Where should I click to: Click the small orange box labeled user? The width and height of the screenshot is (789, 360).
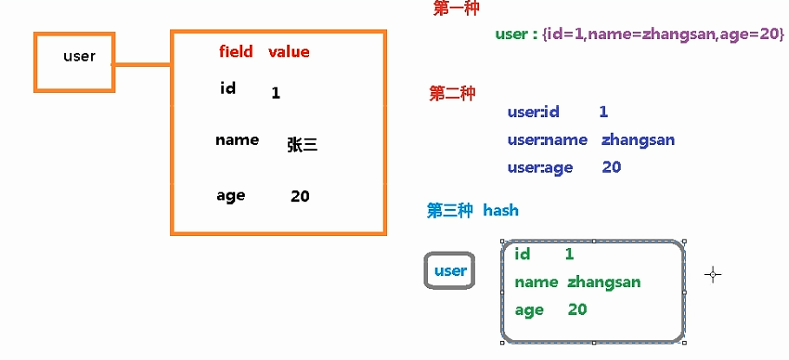pos(74,61)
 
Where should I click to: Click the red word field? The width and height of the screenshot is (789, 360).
pos(235,52)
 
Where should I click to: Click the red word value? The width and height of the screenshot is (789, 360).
pos(288,52)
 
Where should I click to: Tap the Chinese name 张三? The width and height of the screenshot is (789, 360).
pos(302,146)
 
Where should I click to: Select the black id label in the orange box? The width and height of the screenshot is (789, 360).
pos(228,88)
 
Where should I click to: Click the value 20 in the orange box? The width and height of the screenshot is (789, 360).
pos(299,197)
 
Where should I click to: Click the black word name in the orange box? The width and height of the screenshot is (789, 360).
pos(237,140)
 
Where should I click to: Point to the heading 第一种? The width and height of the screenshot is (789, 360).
pos(456,9)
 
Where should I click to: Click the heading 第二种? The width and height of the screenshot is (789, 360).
pos(451,94)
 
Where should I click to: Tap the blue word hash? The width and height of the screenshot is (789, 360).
pos(501,210)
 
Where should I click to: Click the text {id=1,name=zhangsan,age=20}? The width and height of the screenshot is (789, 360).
pos(663,35)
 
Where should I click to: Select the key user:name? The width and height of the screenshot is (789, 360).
pos(541,140)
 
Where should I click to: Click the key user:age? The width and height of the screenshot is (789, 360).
pos(540,167)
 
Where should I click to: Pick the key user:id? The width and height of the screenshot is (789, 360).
pos(533,112)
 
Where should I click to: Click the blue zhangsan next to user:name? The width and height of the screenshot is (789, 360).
pos(637,140)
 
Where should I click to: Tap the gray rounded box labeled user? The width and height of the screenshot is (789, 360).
pos(450,271)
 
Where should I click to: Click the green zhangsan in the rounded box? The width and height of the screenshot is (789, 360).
pos(604,282)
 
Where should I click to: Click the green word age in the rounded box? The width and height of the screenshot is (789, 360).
pos(529,310)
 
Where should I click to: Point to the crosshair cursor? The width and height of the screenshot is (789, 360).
pos(713,275)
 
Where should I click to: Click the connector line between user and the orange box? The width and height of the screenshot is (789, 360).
pos(142,64)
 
